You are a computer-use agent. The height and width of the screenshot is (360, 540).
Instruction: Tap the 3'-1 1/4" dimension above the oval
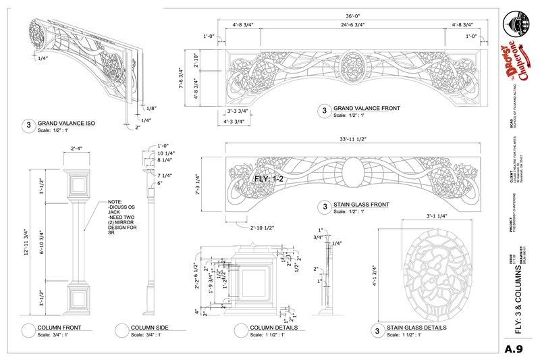point(424,217)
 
